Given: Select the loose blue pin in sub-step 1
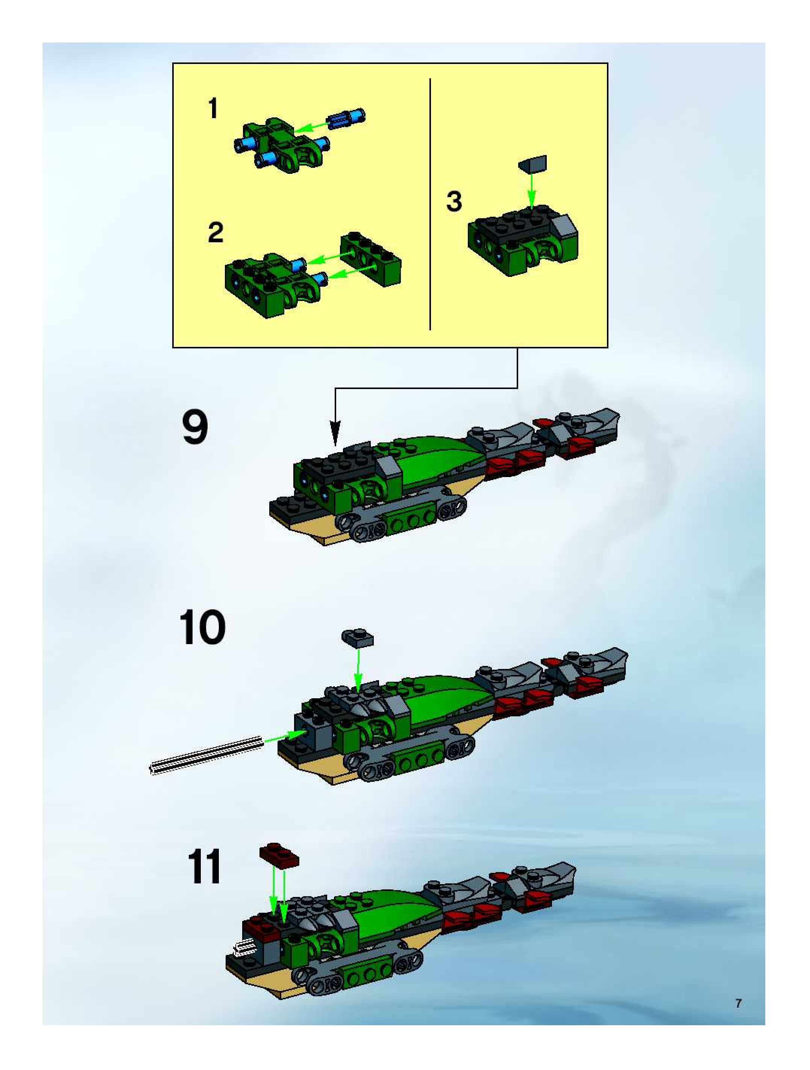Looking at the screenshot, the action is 346,119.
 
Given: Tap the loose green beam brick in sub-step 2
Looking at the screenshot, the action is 371,260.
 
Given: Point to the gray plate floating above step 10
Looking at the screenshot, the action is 357,638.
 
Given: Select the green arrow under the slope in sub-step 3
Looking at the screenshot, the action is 531,191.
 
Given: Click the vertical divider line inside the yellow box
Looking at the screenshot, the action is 430,204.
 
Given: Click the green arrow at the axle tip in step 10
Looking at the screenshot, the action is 286,736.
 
